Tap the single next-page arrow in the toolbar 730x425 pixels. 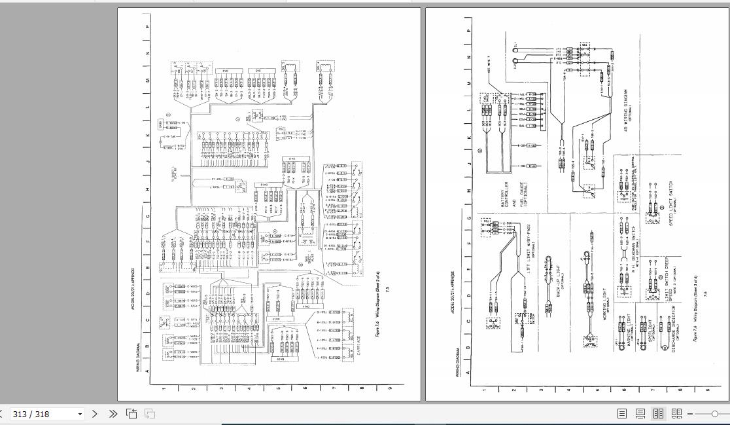coord(95,414)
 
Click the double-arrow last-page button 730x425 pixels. coord(113,414)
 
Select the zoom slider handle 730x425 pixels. coord(714,414)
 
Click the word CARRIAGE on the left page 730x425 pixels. coord(357,348)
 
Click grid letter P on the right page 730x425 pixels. coord(468,29)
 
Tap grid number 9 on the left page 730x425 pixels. coord(390,388)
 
